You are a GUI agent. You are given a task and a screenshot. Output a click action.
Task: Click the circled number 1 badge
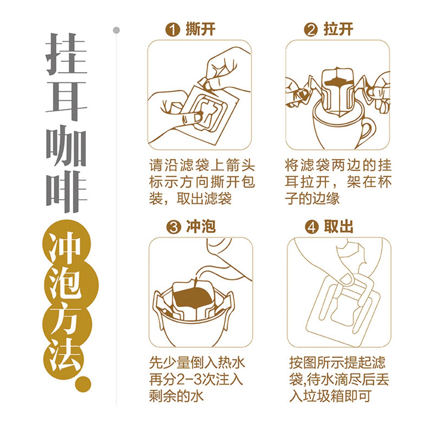173,30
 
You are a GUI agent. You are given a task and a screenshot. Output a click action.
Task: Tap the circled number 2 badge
311,30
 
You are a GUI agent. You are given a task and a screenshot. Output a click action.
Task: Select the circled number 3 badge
174,227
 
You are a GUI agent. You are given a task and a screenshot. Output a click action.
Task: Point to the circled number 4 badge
312,227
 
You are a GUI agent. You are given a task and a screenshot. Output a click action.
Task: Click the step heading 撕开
200,29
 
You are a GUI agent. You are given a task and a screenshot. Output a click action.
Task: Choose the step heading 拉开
338,29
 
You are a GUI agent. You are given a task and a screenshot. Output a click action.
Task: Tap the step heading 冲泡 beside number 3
201,227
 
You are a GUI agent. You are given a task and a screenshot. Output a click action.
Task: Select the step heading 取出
339,227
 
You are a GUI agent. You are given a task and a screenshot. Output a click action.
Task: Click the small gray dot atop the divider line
117,30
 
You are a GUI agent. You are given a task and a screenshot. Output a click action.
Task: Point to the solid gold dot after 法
83,384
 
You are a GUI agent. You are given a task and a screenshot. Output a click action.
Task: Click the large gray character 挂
66,54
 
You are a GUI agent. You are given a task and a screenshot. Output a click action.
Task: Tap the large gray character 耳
66,100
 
